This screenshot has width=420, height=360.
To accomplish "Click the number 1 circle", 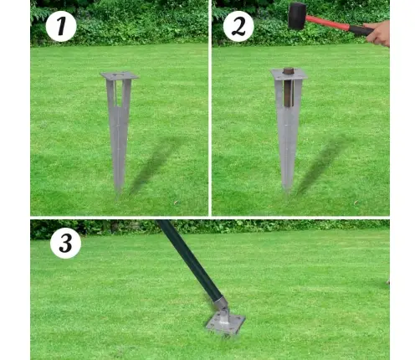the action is [x=61, y=26].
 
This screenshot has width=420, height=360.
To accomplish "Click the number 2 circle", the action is [x=238, y=26].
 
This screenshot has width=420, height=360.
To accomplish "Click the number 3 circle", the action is [x=65, y=243].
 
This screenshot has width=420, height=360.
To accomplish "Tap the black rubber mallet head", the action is [x=297, y=16].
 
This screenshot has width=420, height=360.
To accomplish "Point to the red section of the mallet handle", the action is [x=328, y=23].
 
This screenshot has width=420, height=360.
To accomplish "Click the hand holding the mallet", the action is [x=378, y=33].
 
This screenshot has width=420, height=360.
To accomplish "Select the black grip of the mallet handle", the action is [x=361, y=30].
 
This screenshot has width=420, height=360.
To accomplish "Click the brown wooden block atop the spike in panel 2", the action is [x=289, y=87].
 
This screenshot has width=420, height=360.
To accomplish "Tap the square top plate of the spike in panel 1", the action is [x=120, y=76].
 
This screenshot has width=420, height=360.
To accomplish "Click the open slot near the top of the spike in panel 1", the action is [x=119, y=94].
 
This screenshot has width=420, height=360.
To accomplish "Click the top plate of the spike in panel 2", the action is [x=289, y=75].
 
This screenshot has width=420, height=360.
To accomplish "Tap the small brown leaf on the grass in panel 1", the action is [x=176, y=203].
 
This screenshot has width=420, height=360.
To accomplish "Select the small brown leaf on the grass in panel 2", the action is [x=356, y=203].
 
